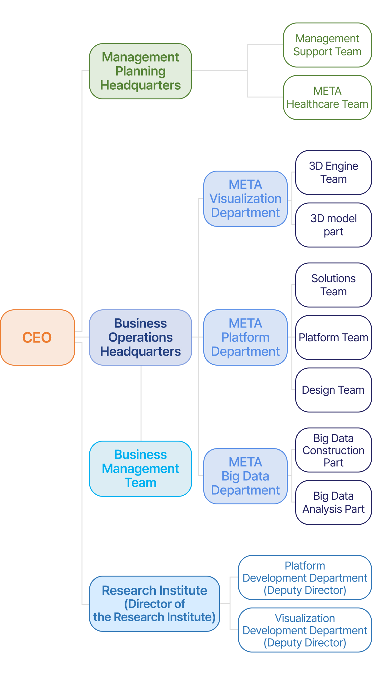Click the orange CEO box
pyautogui.click(x=37, y=337)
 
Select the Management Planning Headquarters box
pyautogui.click(x=141, y=71)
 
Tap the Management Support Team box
pyautogui.click(x=327, y=45)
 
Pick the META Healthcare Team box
pyautogui.click(x=327, y=97)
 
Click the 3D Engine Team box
pyautogui.click(x=333, y=172)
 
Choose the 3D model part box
pyautogui.click(x=333, y=225)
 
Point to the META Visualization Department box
pyautogui.click(x=246, y=199)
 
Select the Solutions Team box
pyautogui.click(x=333, y=285)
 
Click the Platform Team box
pyautogui.click(x=333, y=337)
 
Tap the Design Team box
pyautogui.click(x=333, y=390)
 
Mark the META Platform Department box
pyautogui.click(x=246, y=337)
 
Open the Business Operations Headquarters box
pyautogui.click(x=141, y=337)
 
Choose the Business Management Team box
pyautogui.click(x=141, y=469)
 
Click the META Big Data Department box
pyautogui.click(x=246, y=476)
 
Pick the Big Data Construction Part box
pyautogui.click(x=333, y=450)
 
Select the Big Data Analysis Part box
pyautogui.click(x=333, y=502)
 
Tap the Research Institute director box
pyautogui.click(x=155, y=604)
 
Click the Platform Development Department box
pyautogui.click(x=305, y=577)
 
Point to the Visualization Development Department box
pyautogui.click(x=305, y=630)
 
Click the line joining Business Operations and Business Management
pyautogui.click(x=141, y=403)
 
